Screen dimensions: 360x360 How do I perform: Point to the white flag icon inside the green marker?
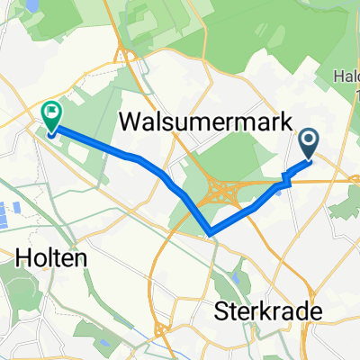point(51,113)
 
